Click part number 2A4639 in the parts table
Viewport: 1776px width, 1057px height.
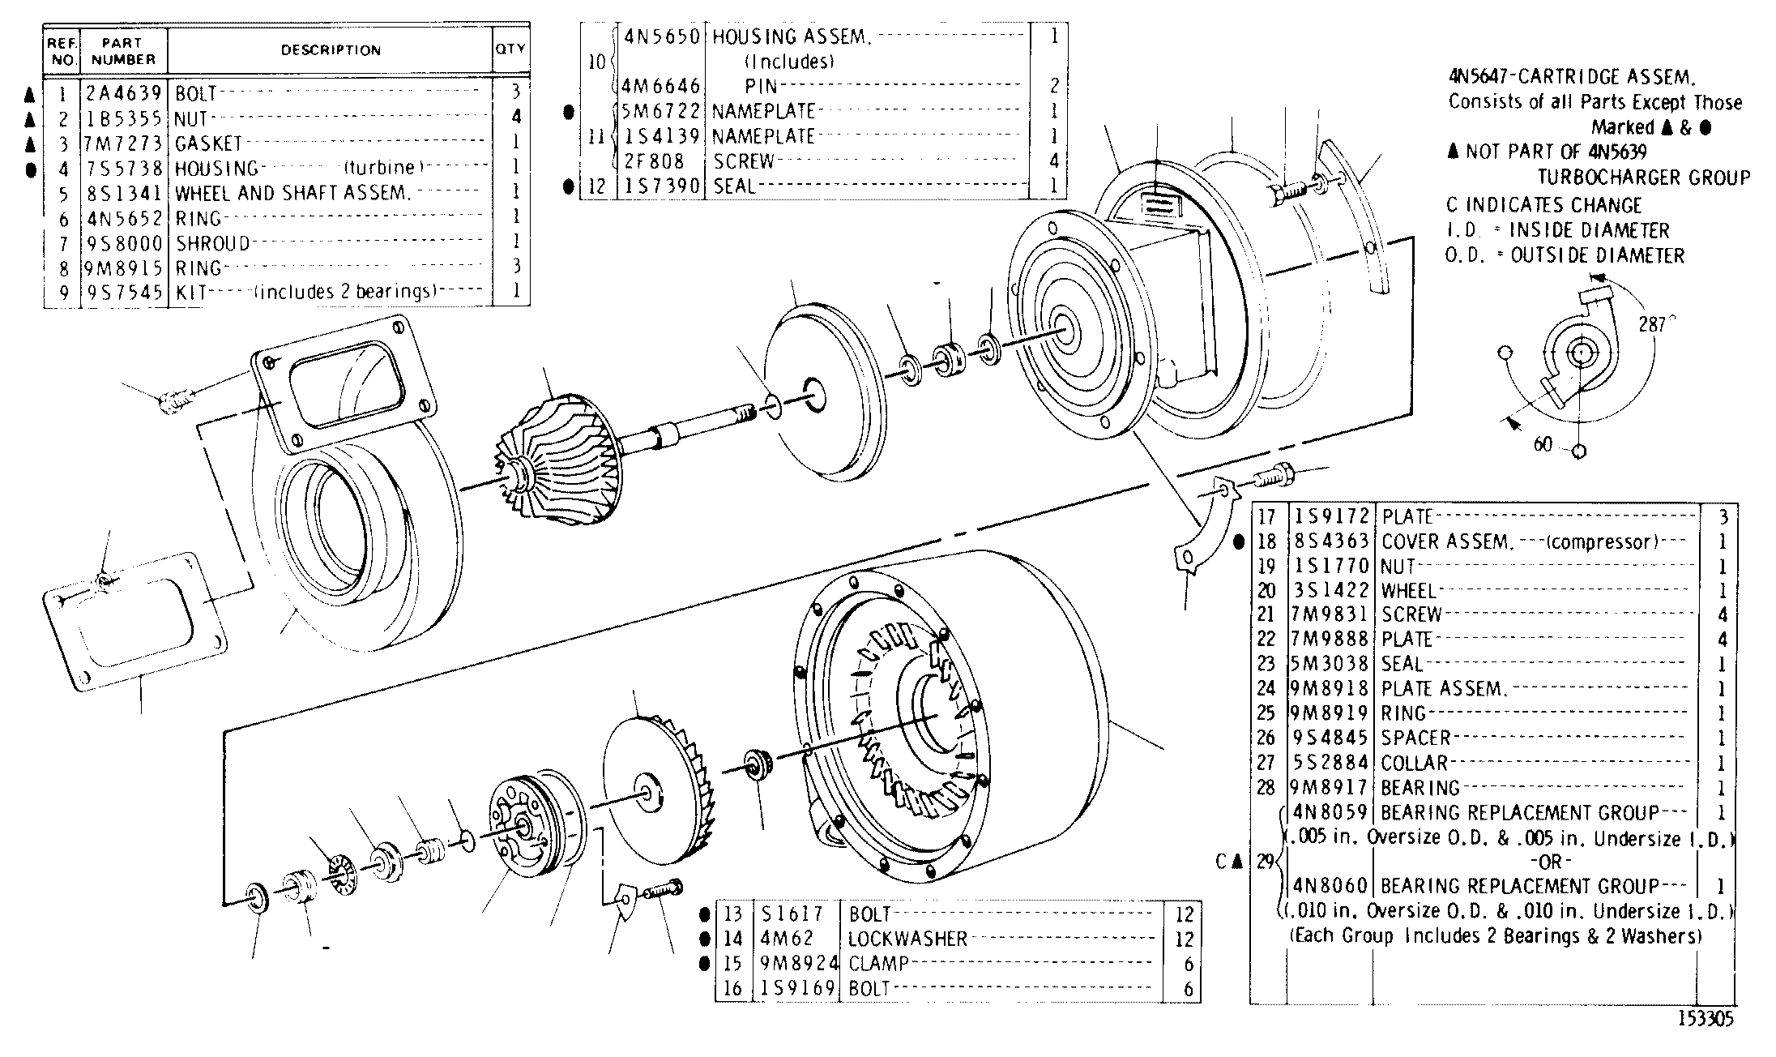[124, 92]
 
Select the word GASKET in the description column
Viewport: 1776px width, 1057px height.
[208, 143]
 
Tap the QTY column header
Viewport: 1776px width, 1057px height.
[510, 49]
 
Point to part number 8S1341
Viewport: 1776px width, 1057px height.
[124, 193]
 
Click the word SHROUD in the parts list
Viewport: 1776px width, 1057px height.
[212, 243]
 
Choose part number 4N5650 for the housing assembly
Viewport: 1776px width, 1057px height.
[662, 36]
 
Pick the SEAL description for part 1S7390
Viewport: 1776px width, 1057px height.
[734, 186]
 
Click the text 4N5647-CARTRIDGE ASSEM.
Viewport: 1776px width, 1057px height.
[1571, 78]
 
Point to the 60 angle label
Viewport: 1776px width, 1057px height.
[1543, 444]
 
